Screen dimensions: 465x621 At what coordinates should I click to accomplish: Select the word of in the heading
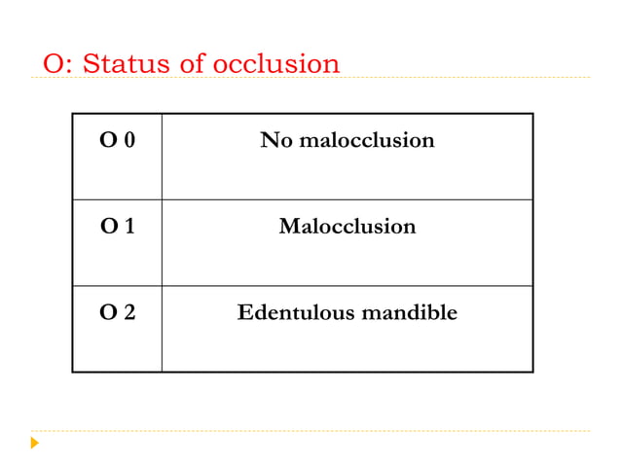(195, 64)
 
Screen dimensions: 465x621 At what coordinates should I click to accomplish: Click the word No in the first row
(275, 141)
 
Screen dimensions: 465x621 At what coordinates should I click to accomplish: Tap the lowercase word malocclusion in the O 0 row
(366, 141)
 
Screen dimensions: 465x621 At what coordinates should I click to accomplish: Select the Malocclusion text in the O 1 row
(347, 227)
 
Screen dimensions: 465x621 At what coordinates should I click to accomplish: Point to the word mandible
(409, 313)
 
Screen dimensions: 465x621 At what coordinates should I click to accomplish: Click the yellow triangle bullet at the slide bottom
(35, 444)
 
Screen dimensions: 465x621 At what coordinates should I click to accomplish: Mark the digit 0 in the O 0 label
(128, 141)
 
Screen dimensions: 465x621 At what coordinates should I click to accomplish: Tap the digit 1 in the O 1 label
(128, 227)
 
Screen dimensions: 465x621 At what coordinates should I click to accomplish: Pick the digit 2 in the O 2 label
(128, 313)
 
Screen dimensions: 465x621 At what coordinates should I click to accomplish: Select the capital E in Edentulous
(244, 313)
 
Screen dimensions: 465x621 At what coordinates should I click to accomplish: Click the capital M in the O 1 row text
(288, 227)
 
